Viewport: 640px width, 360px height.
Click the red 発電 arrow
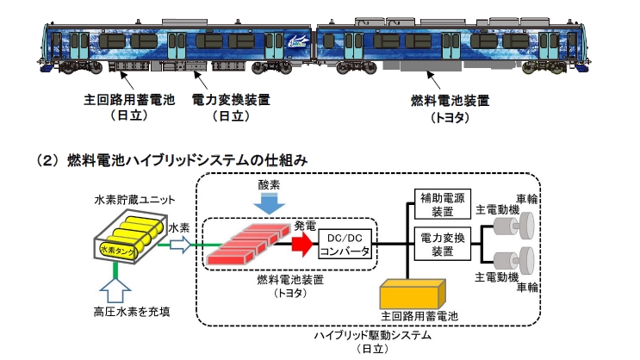302,245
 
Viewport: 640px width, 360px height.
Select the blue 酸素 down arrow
269,203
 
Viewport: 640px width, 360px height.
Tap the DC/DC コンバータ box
345,244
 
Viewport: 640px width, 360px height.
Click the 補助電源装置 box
443,204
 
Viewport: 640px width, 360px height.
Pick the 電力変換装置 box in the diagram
443,244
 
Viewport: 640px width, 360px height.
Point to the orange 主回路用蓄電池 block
413,295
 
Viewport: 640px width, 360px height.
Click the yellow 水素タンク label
117,251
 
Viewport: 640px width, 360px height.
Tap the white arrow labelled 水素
180,245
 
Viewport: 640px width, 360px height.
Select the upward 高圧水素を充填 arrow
115,289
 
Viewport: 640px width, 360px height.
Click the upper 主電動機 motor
513,226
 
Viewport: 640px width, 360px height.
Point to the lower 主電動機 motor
513,261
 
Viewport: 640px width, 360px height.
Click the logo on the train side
299,40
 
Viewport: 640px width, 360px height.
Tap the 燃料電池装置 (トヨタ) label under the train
450,109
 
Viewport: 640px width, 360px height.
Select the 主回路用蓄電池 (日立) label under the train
129,108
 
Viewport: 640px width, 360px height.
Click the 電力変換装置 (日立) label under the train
231,108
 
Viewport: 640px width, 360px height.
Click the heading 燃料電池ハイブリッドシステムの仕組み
187,160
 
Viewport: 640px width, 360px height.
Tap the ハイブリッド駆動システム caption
372,336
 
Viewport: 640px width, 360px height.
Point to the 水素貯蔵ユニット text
134,200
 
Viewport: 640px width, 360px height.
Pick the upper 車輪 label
526,199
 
